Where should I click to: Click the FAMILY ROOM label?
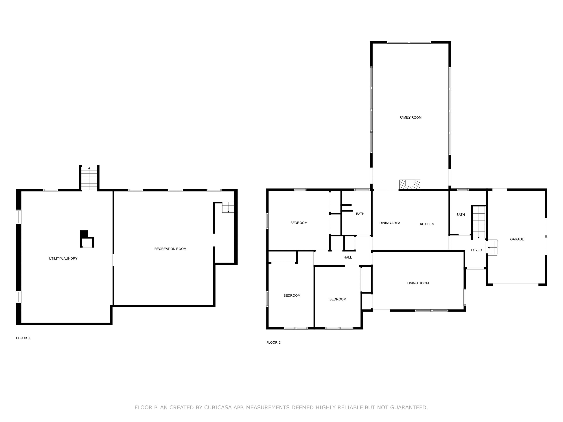410,118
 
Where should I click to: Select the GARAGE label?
517,239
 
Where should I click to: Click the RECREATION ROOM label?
170,249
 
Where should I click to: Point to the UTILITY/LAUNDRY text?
63,258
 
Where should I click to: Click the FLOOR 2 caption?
273,342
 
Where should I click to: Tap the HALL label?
348,257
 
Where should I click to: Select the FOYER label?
476,250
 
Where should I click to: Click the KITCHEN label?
427,224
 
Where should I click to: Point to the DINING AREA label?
390,223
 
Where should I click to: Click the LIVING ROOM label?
418,283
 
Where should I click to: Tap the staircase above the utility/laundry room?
89,178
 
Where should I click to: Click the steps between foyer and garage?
493,247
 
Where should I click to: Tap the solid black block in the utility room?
84,234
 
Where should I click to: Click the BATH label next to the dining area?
360,214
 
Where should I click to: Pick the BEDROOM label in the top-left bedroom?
299,223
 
